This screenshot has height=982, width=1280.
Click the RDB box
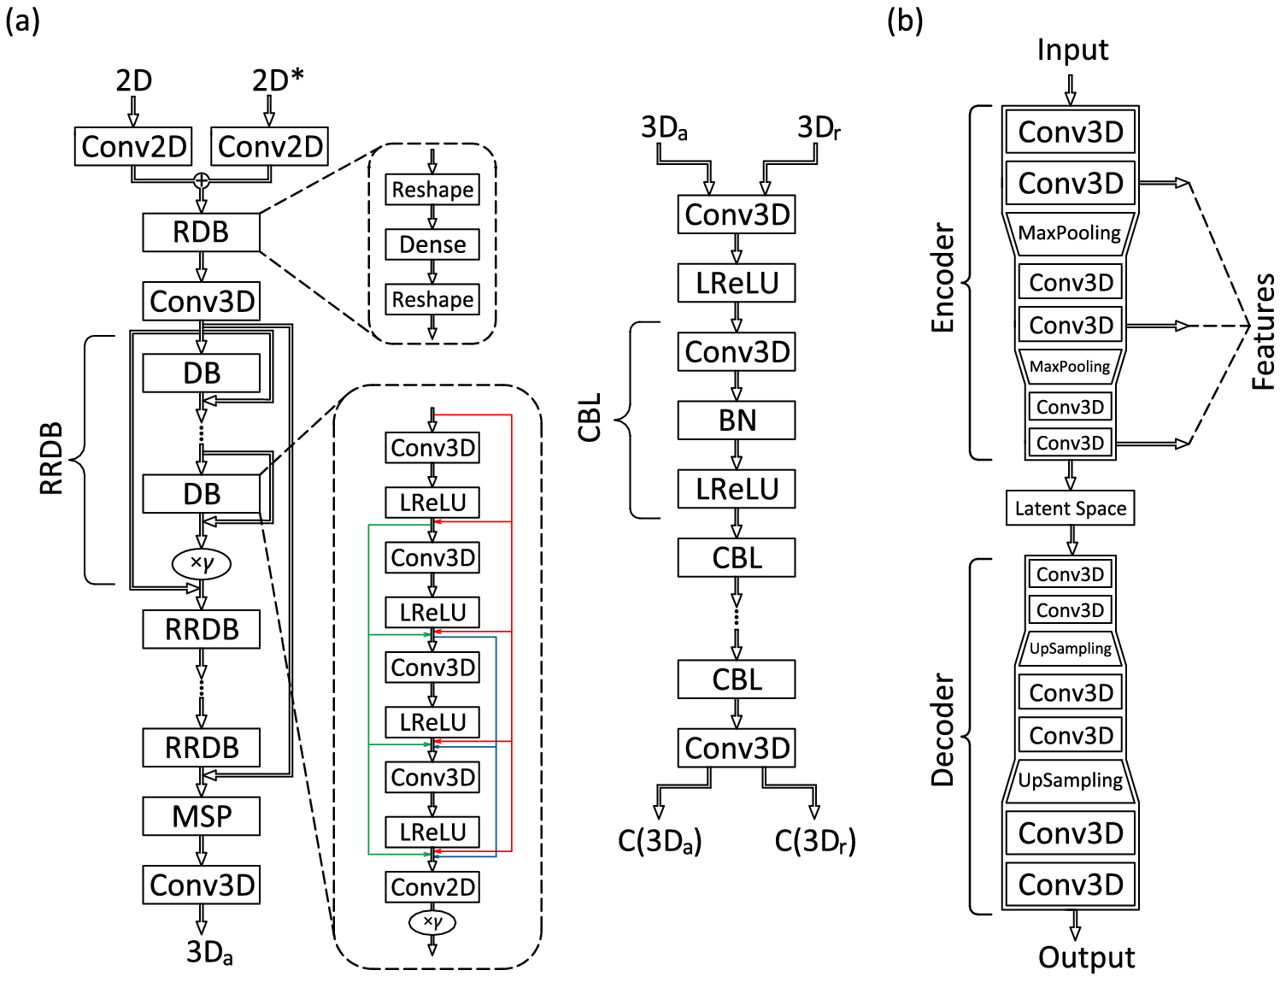201,232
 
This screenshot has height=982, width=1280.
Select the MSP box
201,816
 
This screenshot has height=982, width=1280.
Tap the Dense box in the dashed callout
432,244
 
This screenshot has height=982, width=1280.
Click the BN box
737,420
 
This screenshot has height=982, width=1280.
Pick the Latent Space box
1070,509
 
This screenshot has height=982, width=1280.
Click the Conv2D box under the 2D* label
270,146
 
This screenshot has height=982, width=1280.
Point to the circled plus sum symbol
202,180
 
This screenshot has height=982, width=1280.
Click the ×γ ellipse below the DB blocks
202,562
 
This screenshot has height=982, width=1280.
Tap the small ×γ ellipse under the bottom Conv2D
432,922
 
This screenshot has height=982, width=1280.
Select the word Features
1264,332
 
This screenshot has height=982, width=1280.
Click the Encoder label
942,278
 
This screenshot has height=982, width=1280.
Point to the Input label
1072,50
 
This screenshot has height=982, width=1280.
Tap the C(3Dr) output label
815,841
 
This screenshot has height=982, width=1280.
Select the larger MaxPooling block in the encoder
1070,233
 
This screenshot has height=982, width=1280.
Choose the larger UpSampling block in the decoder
1070,780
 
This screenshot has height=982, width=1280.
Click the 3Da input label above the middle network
664,128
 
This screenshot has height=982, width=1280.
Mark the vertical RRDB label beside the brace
51,458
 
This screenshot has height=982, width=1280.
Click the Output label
1086,957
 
